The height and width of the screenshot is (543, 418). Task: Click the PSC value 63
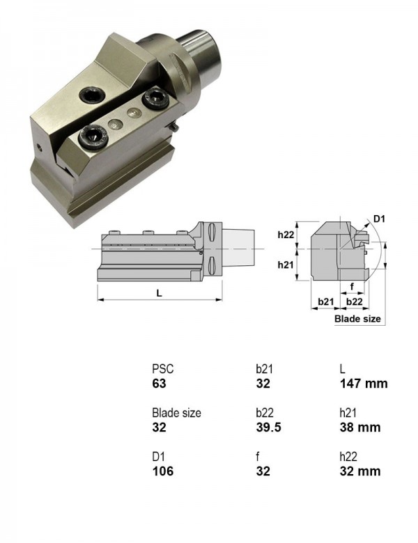coord(159,384)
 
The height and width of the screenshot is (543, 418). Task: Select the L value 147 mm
coord(364,384)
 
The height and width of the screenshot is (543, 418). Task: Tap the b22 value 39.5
coord(269,427)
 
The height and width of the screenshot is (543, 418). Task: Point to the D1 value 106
coord(162,471)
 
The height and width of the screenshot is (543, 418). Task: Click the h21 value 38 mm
coord(360,427)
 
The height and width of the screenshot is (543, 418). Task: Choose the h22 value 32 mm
coord(360,471)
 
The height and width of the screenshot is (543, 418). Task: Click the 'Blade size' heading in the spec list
coord(176,413)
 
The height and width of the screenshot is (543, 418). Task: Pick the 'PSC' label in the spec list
coord(162,369)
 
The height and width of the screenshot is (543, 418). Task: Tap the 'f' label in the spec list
coord(258,457)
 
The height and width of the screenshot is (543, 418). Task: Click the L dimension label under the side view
coord(159,293)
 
